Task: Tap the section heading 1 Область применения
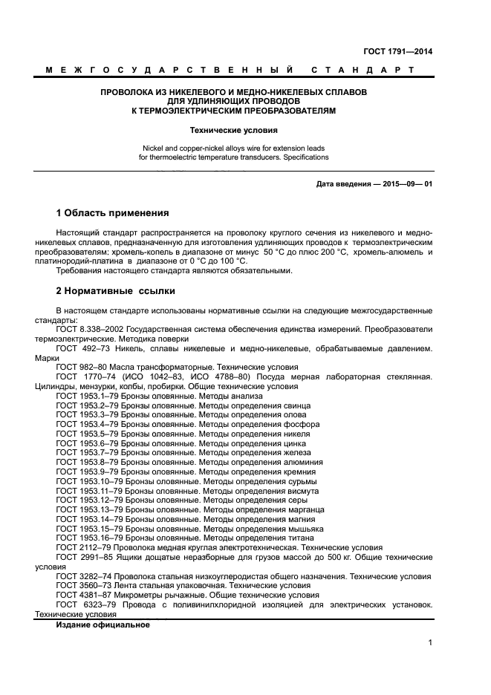(x=112, y=212)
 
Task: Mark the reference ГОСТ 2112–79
(x=82, y=547)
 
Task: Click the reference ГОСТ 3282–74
(x=82, y=575)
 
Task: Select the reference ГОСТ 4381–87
(x=82, y=595)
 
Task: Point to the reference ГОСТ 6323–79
(x=82, y=604)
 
